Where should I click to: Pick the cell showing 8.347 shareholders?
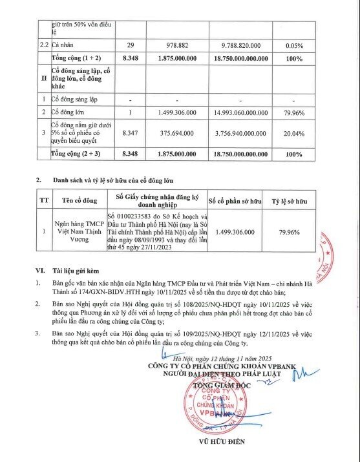(x=130, y=132)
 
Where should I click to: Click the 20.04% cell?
(x=294, y=132)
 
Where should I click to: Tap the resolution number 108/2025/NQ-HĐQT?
(x=229, y=302)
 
